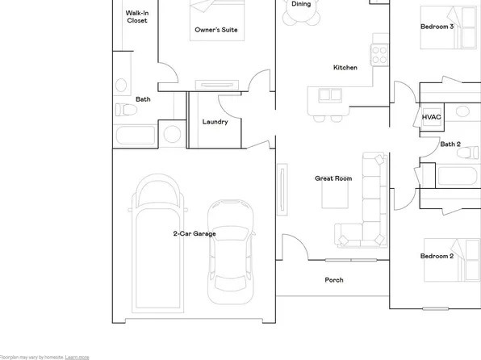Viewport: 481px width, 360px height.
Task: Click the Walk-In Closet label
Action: click(x=136, y=17)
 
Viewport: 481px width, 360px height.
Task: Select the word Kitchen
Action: click(x=345, y=68)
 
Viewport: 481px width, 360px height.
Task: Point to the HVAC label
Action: click(x=431, y=118)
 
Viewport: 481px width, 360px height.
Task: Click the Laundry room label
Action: click(x=215, y=122)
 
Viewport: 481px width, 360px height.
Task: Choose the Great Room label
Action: click(x=333, y=178)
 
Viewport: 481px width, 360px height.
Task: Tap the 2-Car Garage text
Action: click(x=194, y=233)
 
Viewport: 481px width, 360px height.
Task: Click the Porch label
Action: click(x=333, y=280)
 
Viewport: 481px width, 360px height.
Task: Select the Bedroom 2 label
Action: click(x=437, y=256)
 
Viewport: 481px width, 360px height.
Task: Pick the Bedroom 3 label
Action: click(x=437, y=27)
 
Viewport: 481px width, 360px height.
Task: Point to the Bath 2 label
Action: click(x=450, y=144)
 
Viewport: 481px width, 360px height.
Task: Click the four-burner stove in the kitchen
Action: click(x=379, y=53)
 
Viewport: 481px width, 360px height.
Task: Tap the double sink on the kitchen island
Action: click(x=329, y=95)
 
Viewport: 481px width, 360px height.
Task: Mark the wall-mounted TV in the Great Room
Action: click(x=283, y=188)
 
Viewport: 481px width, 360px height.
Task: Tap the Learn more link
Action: click(x=77, y=356)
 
